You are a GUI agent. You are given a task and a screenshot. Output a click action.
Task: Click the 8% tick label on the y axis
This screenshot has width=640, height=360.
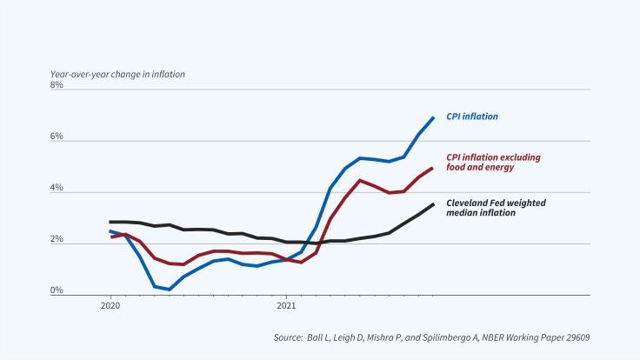click(x=57, y=86)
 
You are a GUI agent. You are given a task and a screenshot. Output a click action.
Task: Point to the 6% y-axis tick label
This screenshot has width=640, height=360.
click(x=57, y=137)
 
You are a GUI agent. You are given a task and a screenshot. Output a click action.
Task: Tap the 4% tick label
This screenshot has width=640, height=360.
click(x=57, y=189)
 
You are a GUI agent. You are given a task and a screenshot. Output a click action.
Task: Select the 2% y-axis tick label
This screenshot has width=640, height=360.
click(x=57, y=240)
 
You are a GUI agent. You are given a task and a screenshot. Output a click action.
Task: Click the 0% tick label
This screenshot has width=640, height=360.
click(x=57, y=291)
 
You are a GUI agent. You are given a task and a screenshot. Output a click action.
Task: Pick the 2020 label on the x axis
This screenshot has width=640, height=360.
click(x=110, y=306)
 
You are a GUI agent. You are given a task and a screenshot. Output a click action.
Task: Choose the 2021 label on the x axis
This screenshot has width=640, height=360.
click(x=286, y=306)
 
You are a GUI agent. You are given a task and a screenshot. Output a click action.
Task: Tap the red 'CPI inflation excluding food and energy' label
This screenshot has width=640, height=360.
click(x=493, y=163)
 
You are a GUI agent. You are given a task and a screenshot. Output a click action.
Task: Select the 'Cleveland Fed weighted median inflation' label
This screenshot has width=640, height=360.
click(x=497, y=208)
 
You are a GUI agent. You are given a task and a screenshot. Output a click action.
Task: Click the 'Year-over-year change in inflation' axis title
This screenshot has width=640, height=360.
click(x=117, y=73)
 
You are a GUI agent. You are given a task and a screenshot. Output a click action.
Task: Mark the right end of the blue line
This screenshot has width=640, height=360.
click(x=433, y=117)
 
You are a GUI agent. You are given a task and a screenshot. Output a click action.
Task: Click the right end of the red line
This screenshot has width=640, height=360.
click(x=433, y=168)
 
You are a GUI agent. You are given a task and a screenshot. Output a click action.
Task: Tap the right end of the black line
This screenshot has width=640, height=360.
click(x=433, y=204)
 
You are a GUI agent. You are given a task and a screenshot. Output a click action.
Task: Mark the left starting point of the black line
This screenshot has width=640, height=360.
click(x=110, y=223)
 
